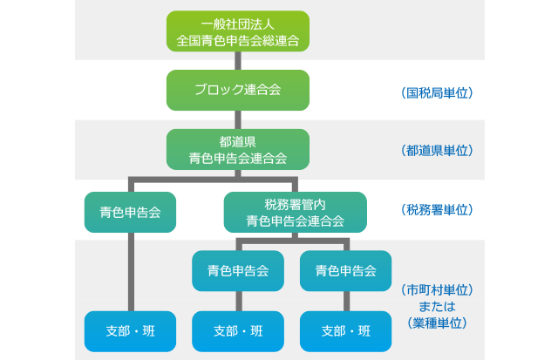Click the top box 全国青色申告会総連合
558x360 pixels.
click(237, 32)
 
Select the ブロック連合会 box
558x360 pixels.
click(237, 90)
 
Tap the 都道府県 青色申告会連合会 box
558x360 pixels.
click(237, 149)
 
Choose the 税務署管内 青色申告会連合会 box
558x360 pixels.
click(296, 212)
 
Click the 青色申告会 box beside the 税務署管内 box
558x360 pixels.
click(130, 212)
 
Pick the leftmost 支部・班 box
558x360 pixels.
click(130, 331)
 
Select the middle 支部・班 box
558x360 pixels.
click(237, 331)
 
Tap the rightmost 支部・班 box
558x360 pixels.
click(345, 331)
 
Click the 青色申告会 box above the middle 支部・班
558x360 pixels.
click(237, 270)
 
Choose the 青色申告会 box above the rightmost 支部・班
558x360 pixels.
click(345, 270)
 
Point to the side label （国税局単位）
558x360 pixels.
click(437, 91)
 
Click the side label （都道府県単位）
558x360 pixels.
click(437, 150)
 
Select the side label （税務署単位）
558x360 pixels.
click(437, 210)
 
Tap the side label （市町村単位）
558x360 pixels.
click(437, 289)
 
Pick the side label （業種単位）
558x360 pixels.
click(437, 323)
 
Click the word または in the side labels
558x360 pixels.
click(437, 306)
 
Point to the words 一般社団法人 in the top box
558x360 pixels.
click(237, 24)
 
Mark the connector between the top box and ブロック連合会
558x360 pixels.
click(237, 59)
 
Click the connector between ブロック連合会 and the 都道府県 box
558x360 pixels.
click(237, 119)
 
